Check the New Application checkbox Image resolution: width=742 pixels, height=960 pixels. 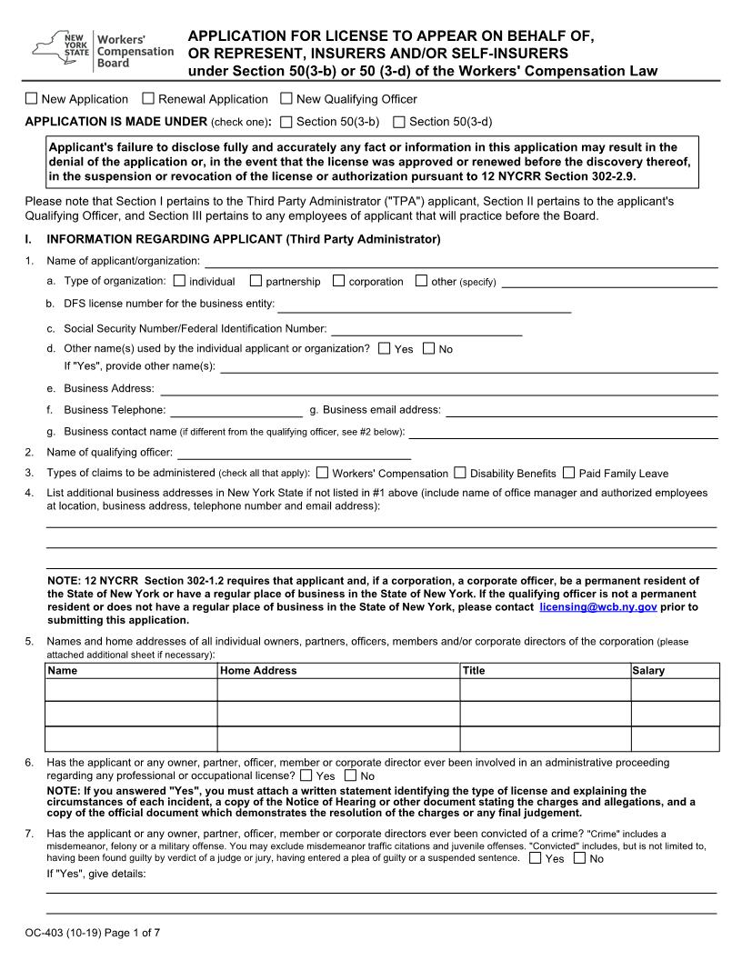(32, 99)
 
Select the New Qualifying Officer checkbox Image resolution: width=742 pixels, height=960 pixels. (286, 99)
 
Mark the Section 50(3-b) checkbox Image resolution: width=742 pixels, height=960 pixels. (286, 122)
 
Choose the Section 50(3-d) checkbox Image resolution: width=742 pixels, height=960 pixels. (399, 122)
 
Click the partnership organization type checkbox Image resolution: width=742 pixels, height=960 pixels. (256, 281)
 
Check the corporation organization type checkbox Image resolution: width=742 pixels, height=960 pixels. (339, 281)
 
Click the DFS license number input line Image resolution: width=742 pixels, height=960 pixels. (424, 307)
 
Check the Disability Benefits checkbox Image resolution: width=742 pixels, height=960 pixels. (460, 473)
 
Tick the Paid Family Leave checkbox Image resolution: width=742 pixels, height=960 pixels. (568, 473)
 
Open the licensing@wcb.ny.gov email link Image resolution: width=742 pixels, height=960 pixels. (597, 606)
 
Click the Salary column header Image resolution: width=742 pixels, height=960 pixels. (648, 671)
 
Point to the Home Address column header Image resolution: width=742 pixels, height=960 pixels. (258, 671)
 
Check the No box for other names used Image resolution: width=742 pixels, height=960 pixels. (429, 348)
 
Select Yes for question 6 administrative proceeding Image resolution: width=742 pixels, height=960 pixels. (306, 775)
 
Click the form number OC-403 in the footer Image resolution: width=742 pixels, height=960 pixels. (45, 933)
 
